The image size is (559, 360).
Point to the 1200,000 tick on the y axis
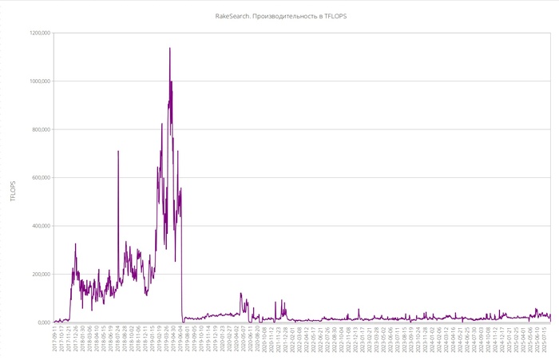40,33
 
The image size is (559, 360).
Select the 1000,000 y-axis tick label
40,81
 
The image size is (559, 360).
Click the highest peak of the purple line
169,48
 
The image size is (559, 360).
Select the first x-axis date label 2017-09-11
55,338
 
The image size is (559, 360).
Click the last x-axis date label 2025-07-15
545,338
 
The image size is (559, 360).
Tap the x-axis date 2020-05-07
243,338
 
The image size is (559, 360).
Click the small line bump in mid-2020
241,294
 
